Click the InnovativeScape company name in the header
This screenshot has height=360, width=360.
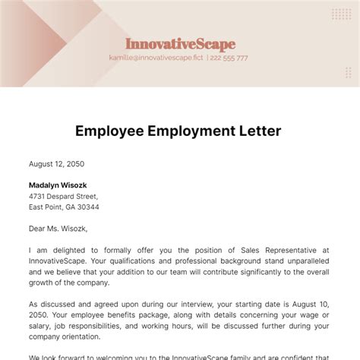click(x=180, y=44)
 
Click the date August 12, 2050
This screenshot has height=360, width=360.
click(x=56, y=163)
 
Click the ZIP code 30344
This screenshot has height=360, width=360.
click(x=87, y=207)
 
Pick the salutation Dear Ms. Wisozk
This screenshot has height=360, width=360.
click(x=58, y=228)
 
